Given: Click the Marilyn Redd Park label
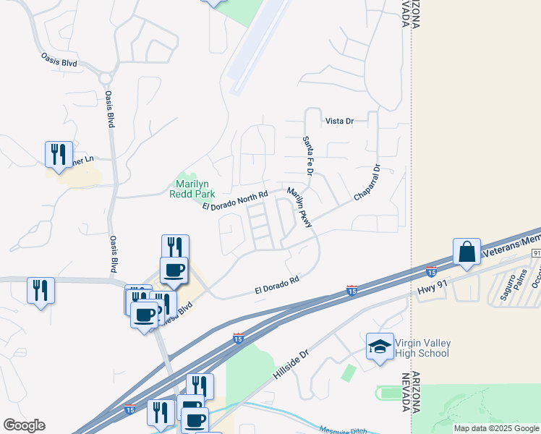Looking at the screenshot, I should click(192, 190).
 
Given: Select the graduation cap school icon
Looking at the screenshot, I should click(379, 347).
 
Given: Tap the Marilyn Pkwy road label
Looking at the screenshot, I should click(299, 208).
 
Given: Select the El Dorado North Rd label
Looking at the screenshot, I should click(235, 200).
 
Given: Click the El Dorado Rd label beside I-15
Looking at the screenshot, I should click(276, 284).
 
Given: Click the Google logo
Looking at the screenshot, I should click(25, 425).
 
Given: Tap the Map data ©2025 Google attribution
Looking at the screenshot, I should click(495, 428).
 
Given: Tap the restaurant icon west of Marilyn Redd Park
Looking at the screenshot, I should click(59, 154).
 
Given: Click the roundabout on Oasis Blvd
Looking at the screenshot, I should click(106, 76).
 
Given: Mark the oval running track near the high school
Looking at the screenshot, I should click(389, 393).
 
